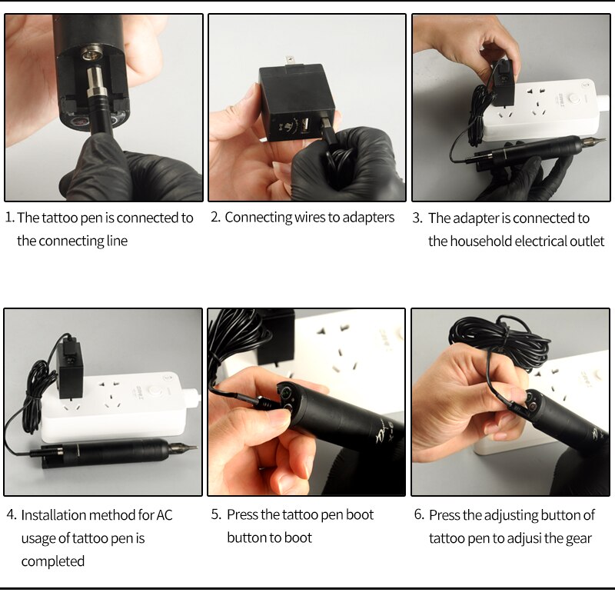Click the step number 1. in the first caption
click(x=9, y=218)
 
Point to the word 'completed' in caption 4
click(x=53, y=561)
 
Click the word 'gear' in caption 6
click(x=579, y=539)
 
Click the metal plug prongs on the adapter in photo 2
click(x=290, y=62)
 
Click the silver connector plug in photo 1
click(x=95, y=84)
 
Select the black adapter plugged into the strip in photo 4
click(x=70, y=370)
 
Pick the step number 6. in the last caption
click(x=419, y=514)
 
